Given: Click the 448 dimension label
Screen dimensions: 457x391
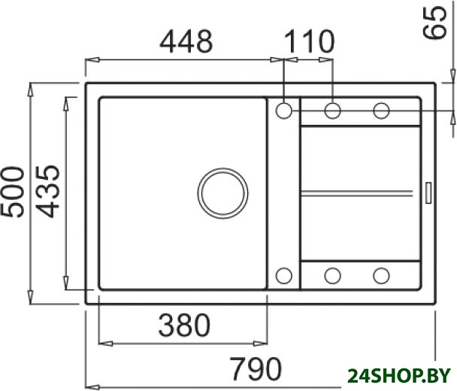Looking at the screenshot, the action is tap(186, 41).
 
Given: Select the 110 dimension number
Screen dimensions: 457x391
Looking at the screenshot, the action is tap(310, 41).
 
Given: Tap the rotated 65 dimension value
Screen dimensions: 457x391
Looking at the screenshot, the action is tap(434, 23).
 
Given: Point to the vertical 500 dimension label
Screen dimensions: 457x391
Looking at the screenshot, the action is tap(13, 192).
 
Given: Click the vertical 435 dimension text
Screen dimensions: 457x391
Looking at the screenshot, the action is tap(47, 192).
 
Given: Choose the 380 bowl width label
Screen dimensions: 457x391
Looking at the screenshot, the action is tap(184, 325).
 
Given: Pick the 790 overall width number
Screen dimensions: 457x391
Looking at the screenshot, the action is tap(256, 368).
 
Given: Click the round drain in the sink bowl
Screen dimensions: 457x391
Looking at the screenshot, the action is tap(222, 193).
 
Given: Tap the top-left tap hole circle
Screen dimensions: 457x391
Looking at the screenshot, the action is tap(283, 111).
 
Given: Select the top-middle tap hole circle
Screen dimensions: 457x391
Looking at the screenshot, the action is tap(332, 111).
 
